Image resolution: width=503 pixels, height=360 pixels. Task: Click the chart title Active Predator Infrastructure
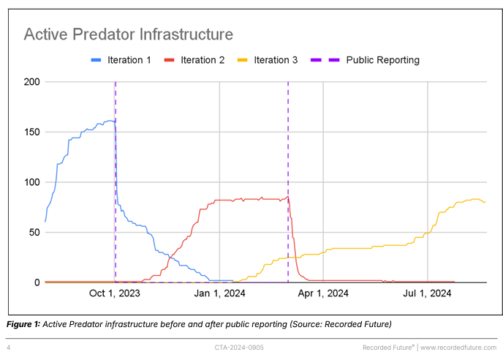[x=128, y=34]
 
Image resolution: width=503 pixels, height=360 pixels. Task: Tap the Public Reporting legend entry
[x=373, y=60]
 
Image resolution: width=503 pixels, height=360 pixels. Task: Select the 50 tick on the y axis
[x=33, y=233]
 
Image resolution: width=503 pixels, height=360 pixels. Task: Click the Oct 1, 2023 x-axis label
[x=114, y=293]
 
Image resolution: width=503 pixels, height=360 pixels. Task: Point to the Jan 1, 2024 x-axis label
[x=219, y=293]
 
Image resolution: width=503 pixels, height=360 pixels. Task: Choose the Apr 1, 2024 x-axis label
[x=322, y=293]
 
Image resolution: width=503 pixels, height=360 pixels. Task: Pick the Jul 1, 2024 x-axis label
[x=427, y=293]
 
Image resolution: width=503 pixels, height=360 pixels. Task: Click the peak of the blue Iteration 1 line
[x=110, y=121]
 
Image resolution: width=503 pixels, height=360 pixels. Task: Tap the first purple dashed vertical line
[x=116, y=183]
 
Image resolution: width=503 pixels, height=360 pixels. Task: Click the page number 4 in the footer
[x=9, y=347]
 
